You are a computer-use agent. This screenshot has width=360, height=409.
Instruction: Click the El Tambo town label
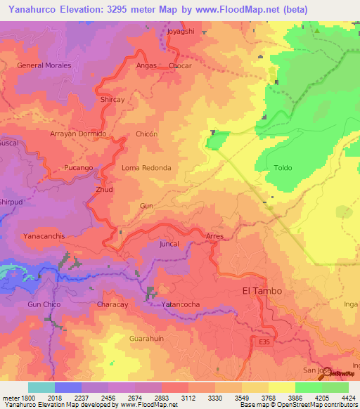click(x=262, y=291)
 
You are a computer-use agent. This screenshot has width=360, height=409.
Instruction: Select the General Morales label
click(x=44, y=65)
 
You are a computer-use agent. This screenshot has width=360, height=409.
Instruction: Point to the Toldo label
click(x=283, y=168)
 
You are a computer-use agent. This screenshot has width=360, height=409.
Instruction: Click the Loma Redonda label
click(x=146, y=169)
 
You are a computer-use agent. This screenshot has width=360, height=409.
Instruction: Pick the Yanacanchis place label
click(x=44, y=236)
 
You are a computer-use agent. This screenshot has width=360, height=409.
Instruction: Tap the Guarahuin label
click(x=146, y=338)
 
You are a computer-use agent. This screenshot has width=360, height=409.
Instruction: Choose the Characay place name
click(x=112, y=304)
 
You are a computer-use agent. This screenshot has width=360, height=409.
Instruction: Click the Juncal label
click(x=169, y=244)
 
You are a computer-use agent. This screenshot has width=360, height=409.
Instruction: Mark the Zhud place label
click(x=104, y=190)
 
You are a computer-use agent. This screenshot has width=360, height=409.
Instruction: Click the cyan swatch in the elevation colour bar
click(x=41, y=387)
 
